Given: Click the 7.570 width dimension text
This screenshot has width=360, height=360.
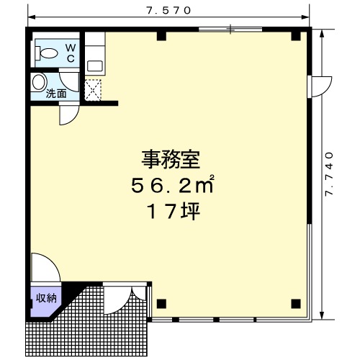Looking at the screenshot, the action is pos(169,11).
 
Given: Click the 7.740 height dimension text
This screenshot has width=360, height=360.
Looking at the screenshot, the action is pos(329,174).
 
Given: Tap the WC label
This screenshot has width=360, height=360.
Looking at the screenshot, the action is pos(71,53).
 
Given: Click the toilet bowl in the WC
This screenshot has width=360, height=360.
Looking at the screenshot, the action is pos(47,53).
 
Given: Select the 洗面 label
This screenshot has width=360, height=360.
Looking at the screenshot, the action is pos(56,94).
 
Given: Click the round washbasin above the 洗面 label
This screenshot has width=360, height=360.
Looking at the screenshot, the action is pos(39,82).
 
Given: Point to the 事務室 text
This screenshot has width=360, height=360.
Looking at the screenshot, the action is pos(171,159).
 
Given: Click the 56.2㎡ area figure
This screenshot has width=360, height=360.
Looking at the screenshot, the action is pos(172,185).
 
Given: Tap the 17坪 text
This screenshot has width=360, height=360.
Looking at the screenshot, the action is pos(174,212).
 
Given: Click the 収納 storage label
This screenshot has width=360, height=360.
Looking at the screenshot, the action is pos(46,298).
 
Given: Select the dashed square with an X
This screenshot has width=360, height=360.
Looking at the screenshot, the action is pos(93,90).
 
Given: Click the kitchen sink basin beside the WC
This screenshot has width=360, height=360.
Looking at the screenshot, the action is pos(95,66).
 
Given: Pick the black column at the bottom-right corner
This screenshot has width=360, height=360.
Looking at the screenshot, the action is pos(296,304).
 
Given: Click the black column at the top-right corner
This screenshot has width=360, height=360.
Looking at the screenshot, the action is pos(296,36).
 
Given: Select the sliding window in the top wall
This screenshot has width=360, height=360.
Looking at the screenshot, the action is pos(230,30).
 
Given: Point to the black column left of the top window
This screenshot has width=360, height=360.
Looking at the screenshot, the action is pos(161,36).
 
